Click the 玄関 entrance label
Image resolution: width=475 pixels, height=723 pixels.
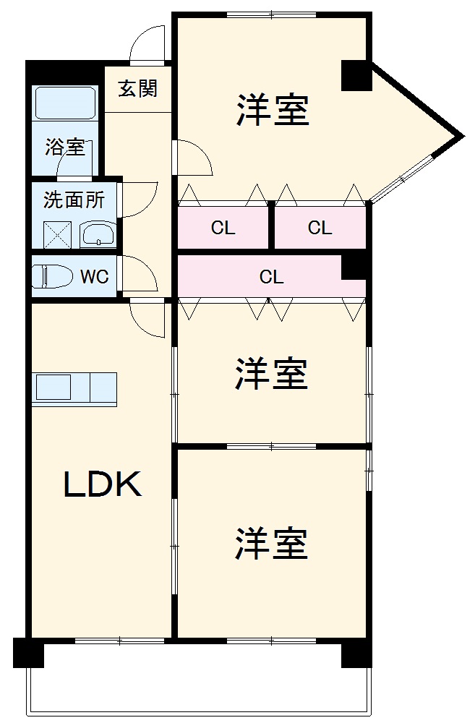(x=137, y=89)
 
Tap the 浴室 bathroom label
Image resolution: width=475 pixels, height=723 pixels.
(x=65, y=147)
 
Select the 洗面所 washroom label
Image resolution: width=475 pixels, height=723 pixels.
(x=74, y=200)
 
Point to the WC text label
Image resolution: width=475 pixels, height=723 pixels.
(x=94, y=276)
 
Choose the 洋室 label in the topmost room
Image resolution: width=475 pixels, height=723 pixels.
(x=273, y=110)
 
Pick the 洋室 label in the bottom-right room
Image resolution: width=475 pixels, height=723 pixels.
(x=271, y=543)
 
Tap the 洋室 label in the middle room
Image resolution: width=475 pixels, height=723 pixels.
(x=271, y=374)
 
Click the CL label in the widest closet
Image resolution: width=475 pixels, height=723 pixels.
(x=271, y=276)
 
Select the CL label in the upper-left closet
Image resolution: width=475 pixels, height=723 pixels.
(x=223, y=228)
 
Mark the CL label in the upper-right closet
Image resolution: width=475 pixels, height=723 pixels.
(x=320, y=228)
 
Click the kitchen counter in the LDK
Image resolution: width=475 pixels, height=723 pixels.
(x=74, y=388)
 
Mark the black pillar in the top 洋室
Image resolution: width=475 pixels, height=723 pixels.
(x=356, y=75)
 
